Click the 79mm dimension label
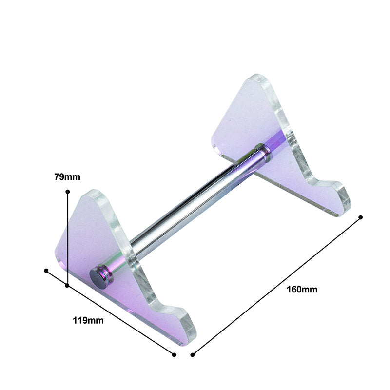tap(67, 177)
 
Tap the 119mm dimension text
tap(88, 320)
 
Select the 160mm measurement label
tap(302, 289)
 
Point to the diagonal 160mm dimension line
tap(276, 286)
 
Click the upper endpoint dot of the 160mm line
tap(360, 217)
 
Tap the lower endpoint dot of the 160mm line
tap(193, 354)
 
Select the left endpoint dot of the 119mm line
tap(46, 270)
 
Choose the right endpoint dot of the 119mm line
tap(174, 354)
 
